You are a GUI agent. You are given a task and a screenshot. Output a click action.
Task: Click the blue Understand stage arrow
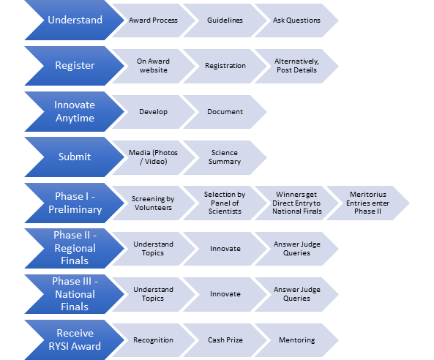pos(75,20)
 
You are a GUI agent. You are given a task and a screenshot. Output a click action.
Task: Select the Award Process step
pos(154,20)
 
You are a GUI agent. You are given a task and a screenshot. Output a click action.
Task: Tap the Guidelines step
pos(225,20)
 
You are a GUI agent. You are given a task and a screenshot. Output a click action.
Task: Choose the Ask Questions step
pos(296,20)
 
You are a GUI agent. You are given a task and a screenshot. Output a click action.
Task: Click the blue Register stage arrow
pos(75,66)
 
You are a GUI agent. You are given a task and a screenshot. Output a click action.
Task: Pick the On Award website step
pos(154,66)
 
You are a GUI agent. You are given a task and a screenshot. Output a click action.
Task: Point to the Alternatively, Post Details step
pos(296,66)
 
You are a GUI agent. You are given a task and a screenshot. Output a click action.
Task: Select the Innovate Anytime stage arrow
pos(75,111)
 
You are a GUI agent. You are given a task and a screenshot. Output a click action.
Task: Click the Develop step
pos(154,112)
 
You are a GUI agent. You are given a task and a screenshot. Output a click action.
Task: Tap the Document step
pos(225,112)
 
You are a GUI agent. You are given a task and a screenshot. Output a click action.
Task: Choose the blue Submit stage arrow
pos(75,157)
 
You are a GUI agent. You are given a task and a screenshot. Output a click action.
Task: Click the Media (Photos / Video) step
pos(154,157)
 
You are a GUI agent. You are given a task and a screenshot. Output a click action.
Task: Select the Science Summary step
pos(225,157)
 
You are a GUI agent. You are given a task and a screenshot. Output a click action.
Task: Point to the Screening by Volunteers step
pos(154,203)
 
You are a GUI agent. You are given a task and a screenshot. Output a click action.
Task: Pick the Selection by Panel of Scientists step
pos(225,203)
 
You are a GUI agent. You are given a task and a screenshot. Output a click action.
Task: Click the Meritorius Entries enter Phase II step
pos(368,203)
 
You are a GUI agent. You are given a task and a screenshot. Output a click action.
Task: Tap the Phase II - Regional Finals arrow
pos(75,248)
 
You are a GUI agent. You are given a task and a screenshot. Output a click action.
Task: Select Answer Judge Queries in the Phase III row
pos(296,294)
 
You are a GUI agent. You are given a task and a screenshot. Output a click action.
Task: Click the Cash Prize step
pos(225,340)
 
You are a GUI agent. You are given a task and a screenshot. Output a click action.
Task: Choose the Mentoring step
pos(296,340)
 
